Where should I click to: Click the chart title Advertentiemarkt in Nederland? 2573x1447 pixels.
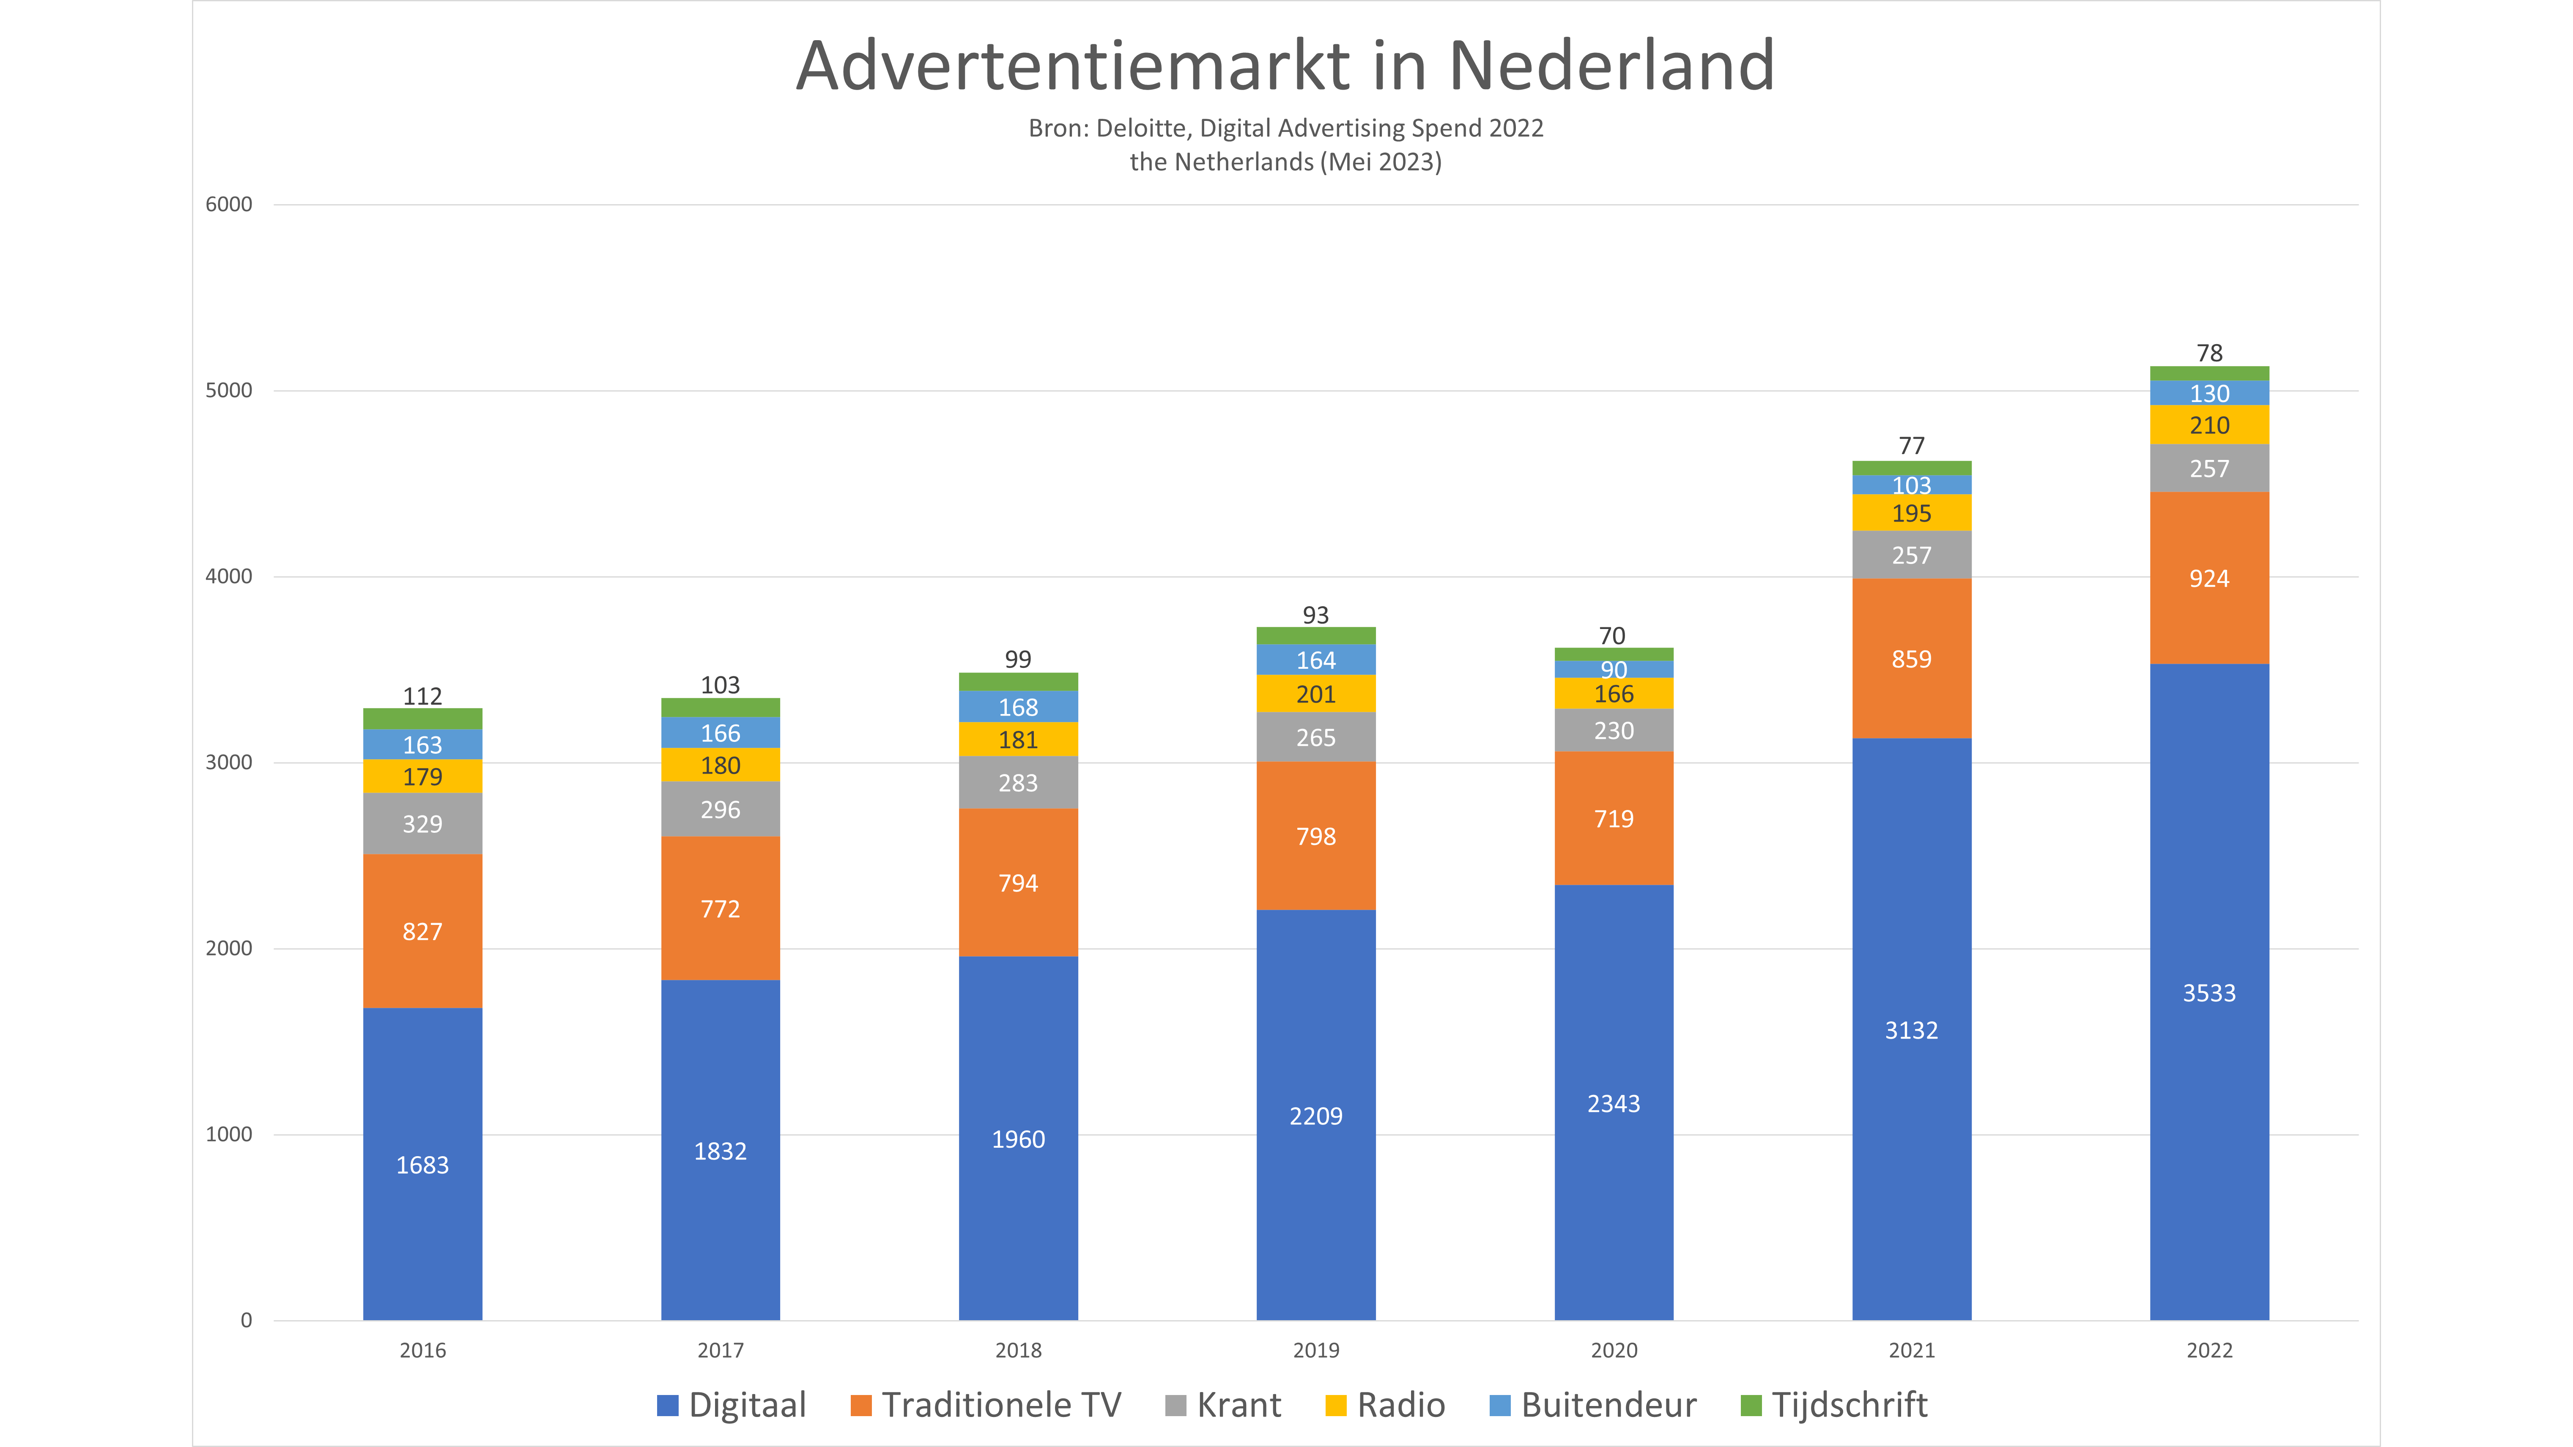point(1285,66)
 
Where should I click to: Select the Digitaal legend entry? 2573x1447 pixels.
point(731,1405)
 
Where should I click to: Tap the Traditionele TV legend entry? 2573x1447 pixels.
point(986,1405)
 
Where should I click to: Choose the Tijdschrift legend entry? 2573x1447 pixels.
point(1834,1405)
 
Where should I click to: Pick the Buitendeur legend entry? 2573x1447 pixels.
point(1593,1405)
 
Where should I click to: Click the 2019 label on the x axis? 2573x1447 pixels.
point(1315,1350)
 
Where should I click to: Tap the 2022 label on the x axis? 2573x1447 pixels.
point(2209,1350)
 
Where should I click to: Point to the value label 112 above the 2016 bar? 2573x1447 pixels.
point(422,696)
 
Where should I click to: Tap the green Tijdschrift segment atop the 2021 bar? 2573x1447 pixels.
point(1911,468)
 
